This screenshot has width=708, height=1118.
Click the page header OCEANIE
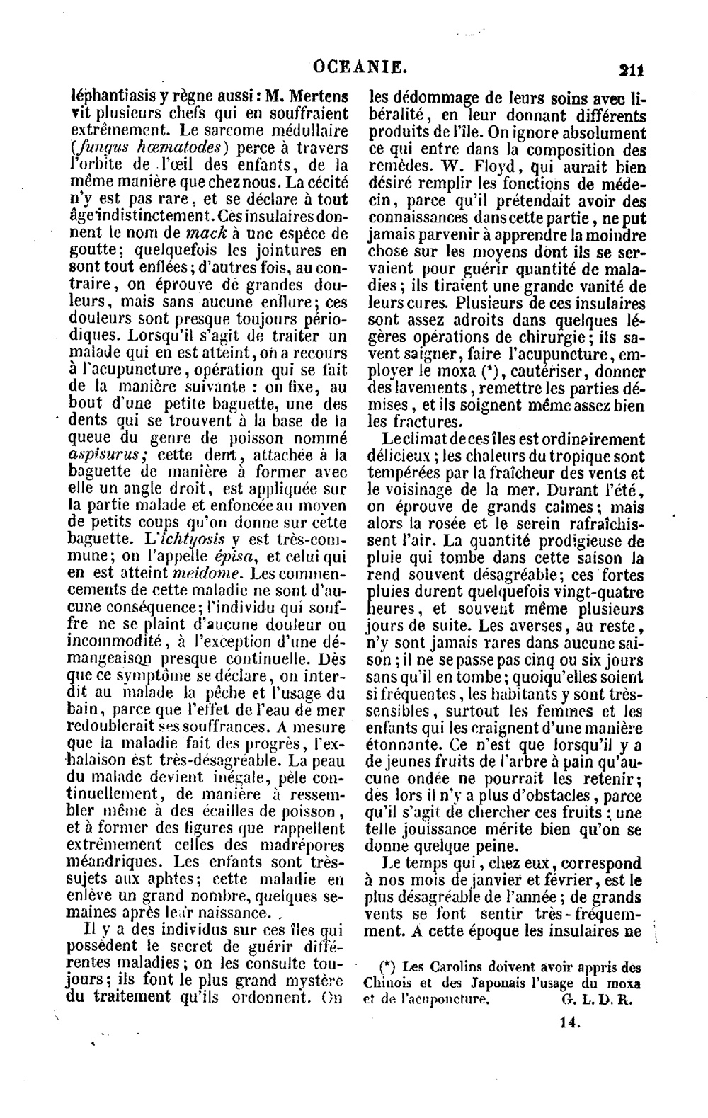coord(360,68)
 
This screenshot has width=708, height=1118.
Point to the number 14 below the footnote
coord(570,1022)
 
